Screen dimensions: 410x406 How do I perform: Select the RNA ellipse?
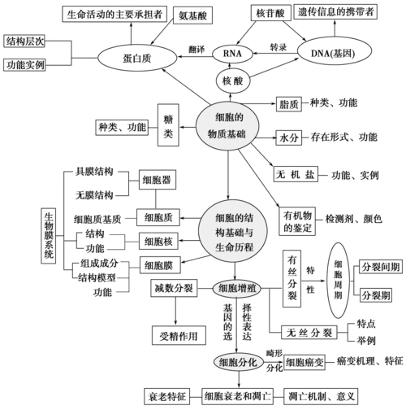click(x=230, y=54)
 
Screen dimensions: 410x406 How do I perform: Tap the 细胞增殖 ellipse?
click(x=239, y=289)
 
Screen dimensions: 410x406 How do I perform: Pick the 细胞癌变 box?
click(x=305, y=360)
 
